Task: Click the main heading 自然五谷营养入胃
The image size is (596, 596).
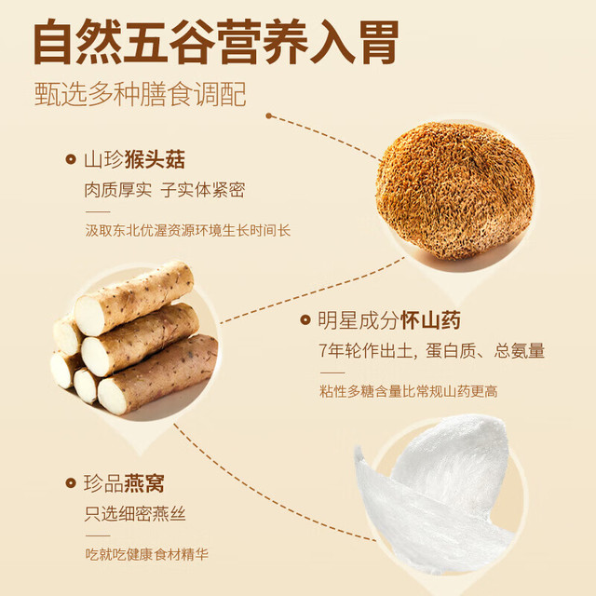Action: click(216, 42)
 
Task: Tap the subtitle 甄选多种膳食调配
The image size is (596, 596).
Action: click(141, 94)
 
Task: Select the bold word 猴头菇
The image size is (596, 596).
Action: click(155, 159)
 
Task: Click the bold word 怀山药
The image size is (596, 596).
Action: click(430, 320)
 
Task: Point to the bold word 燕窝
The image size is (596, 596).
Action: click(144, 483)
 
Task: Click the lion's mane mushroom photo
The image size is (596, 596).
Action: click(455, 191)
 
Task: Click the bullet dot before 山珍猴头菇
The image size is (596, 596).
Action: click(71, 159)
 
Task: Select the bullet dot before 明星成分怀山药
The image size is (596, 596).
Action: click(305, 319)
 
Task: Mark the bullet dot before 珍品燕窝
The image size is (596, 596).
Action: click(71, 483)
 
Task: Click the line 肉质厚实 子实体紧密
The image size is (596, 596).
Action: click(165, 190)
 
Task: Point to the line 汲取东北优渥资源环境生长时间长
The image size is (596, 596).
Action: click(188, 230)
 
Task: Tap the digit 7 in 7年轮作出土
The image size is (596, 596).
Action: click(323, 351)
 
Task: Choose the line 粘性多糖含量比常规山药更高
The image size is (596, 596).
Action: click(409, 391)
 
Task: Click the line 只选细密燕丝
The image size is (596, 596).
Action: click(135, 514)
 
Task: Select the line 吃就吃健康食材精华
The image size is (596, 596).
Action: click(147, 554)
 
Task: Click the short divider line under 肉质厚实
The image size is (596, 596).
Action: click(98, 211)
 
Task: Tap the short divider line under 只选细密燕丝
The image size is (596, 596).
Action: click(98, 535)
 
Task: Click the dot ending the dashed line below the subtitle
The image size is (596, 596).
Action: click(269, 115)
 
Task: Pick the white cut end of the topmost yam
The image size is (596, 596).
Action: click(89, 316)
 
